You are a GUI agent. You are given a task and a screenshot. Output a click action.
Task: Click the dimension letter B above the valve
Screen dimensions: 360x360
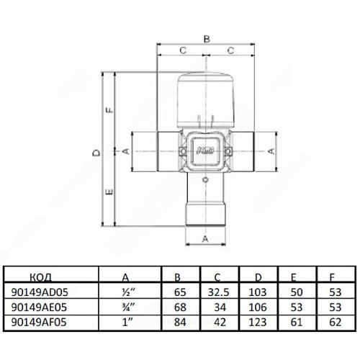(207, 39)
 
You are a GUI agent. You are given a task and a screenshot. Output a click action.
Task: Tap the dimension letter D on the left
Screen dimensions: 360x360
(96, 153)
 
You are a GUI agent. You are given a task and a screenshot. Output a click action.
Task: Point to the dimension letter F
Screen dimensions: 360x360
(109, 110)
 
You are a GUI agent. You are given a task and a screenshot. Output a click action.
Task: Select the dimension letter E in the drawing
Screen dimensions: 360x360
(109, 192)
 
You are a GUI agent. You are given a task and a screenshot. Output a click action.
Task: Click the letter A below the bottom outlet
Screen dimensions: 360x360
(205, 239)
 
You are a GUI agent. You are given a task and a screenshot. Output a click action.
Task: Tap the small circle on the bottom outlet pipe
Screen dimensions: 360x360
(205, 179)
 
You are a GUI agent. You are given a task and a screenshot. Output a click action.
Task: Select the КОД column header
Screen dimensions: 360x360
(41, 277)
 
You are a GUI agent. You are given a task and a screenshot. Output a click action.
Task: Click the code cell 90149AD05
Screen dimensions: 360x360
(40, 292)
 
